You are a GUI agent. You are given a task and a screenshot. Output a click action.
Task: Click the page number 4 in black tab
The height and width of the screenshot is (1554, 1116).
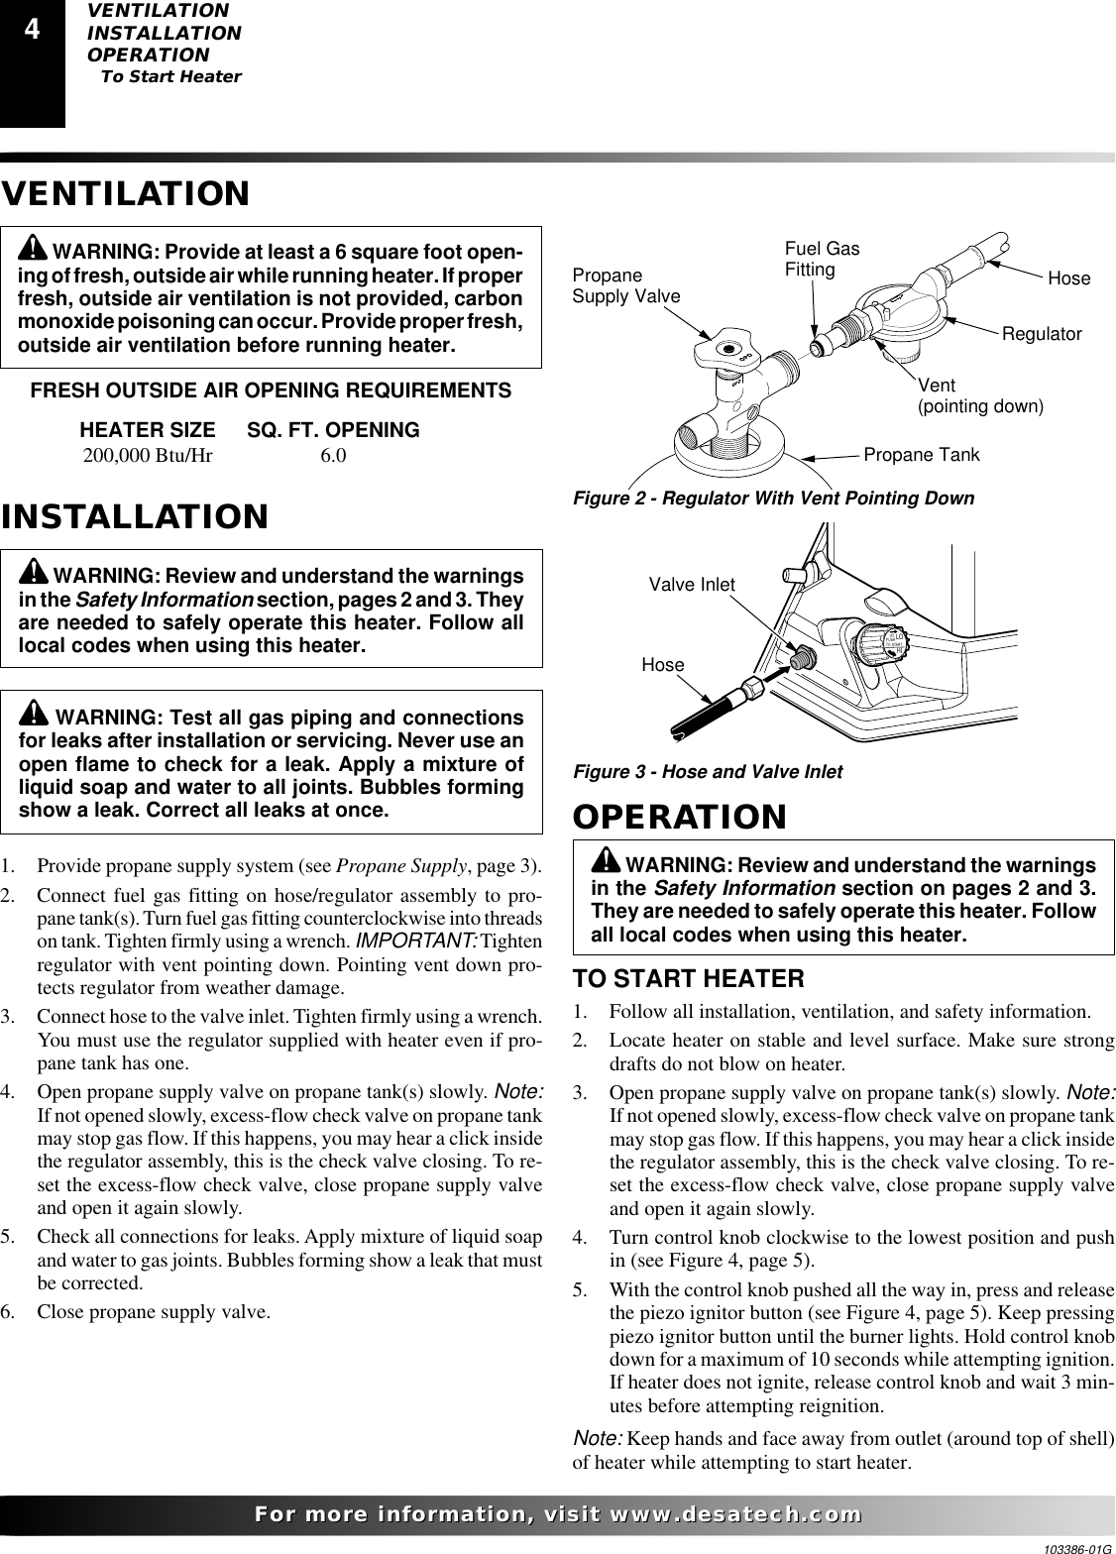(x=32, y=31)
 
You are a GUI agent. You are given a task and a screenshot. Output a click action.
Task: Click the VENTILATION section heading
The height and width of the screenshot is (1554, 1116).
(x=125, y=193)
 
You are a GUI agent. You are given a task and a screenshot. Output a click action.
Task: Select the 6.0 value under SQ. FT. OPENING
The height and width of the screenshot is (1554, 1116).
(x=333, y=457)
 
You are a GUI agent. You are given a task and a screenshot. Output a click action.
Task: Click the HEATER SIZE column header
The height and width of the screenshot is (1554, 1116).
(x=147, y=431)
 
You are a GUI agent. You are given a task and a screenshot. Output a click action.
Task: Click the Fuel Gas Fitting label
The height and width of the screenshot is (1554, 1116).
(x=822, y=260)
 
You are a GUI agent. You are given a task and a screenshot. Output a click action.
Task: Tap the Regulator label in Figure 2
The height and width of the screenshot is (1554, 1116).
(x=1042, y=335)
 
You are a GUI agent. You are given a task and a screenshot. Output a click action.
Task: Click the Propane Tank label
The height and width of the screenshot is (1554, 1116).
(x=922, y=455)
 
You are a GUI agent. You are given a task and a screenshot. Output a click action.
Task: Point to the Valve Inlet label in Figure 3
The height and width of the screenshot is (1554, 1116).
(x=692, y=585)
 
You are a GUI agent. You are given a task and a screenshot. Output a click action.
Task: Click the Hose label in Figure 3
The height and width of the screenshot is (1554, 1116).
(x=663, y=665)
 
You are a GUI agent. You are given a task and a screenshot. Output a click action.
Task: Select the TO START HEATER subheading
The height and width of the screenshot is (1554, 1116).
(x=689, y=979)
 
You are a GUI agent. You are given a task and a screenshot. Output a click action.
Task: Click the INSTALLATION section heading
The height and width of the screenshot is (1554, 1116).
(x=135, y=516)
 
